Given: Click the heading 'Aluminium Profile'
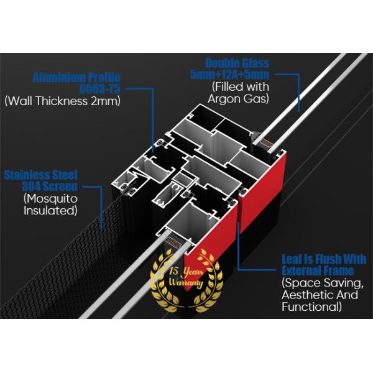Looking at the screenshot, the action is coord(76,77).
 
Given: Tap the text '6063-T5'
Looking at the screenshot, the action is coord(100,89).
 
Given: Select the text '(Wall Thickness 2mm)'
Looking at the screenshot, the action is coord(63,101).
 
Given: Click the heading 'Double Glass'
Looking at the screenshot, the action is coord(237,63).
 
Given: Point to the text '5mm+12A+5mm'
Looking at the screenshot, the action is coord(229,75).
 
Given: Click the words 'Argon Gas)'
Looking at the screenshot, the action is coord(238,98).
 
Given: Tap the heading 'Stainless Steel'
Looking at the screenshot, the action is coord(40,175).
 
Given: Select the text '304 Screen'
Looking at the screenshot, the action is coord(50,186).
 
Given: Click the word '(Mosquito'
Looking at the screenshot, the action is coord(50,199).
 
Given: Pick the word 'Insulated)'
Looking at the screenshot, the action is coord(50,211).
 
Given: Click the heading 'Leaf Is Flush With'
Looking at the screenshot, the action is coord(324,259).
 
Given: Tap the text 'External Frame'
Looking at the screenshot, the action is coord(318,270).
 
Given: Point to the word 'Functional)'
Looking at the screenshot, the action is coord(311,306).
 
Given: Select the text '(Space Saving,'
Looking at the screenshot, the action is coord(323,283).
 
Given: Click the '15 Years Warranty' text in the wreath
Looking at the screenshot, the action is coord(186,277).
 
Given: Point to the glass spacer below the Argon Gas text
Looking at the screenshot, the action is coord(266,143).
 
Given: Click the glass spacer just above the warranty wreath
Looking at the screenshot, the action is coord(173,243).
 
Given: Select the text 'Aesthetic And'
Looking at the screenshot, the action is coord(320,295).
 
